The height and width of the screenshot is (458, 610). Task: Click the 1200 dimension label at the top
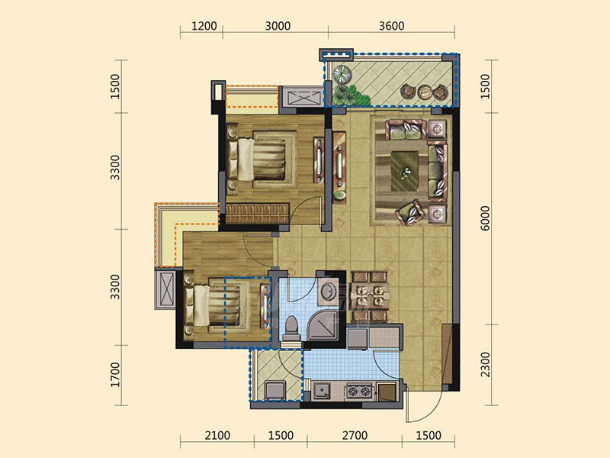point(204,26)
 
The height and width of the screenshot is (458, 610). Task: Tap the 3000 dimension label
point(278,26)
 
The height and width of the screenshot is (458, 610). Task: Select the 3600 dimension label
point(392,26)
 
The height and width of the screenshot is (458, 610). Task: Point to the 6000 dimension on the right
point(486,218)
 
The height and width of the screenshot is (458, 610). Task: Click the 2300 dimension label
point(486,365)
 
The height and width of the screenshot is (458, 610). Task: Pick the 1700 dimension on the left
point(116,375)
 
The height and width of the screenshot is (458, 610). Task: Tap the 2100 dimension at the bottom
point(217,435)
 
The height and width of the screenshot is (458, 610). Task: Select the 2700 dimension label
point(355,435)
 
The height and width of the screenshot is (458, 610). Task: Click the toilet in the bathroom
point(291,328)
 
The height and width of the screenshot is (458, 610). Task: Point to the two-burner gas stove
point(359,391)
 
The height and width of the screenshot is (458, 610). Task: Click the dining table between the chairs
point(370,295)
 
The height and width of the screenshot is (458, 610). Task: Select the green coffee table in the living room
point(405,171)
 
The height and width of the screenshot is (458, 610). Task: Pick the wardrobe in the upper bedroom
point(257,214)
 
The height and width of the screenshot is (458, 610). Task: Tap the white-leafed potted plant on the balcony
point(342,73)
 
